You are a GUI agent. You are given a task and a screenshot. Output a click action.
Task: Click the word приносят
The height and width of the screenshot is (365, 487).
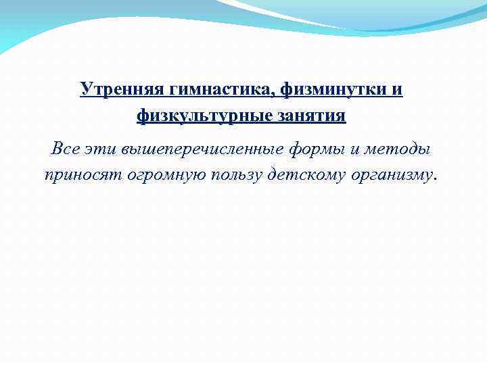click(77, 175)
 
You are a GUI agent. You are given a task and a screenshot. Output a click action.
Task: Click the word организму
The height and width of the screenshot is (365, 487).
click(392, 175)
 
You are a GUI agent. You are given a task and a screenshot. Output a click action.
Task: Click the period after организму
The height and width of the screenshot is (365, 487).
click(436, 179)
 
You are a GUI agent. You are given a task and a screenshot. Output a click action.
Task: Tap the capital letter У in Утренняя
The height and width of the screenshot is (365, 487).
click(86, 89)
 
